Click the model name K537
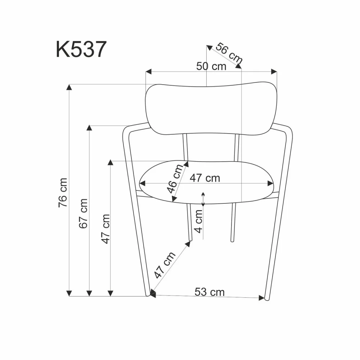tap(81, 49)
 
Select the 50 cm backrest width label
tap(211, 66)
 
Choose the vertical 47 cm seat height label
tap(105, 229)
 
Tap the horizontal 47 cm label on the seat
tap(204, 178)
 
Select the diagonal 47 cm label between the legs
tap(165, 265)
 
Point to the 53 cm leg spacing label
tap(210, 292)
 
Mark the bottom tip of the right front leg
tap(266, 299)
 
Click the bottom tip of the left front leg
tap(148, 295)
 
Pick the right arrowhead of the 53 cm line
tap(262, 297)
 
